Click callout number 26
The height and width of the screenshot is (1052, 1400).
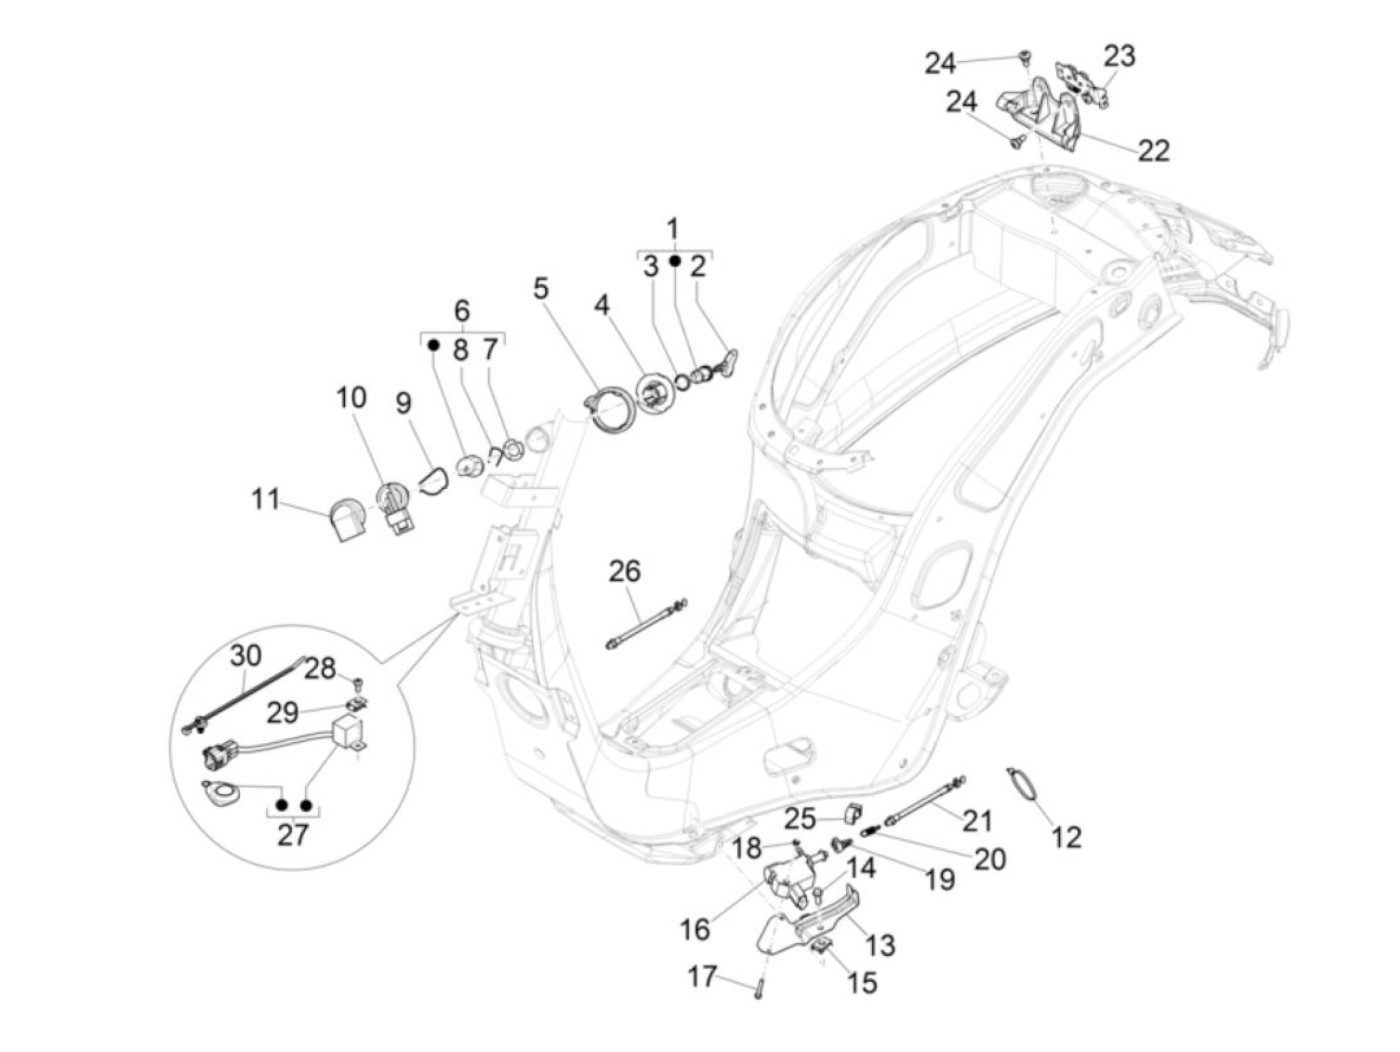(624, 571)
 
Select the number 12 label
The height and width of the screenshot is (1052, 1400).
(1067, 837)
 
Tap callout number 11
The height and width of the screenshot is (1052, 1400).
(265, 498)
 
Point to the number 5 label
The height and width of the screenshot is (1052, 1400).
(541, 289)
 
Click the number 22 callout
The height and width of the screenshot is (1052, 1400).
(1153, 150)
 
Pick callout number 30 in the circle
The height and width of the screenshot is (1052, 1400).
(245, 656)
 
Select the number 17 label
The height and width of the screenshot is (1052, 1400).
(702, 975)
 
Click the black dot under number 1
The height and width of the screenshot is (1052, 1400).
(675, 261)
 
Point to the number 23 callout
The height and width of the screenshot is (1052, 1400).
(1119, 55)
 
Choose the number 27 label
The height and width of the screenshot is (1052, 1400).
(293, 835)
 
